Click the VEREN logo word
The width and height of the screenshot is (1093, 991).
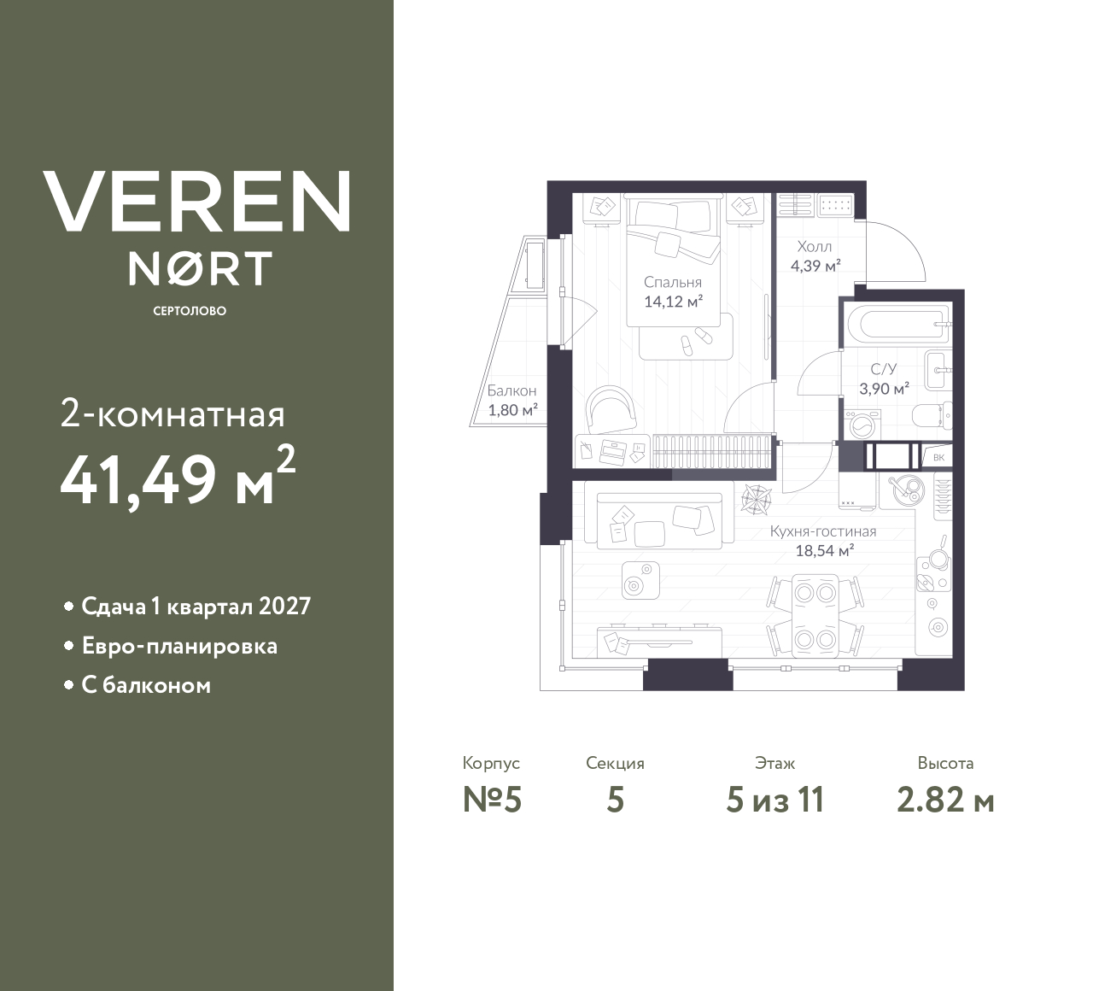[x=196, y=201]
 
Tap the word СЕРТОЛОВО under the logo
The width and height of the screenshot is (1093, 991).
[x=190, y=311]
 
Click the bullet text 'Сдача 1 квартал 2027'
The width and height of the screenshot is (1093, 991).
[x=196, y=607]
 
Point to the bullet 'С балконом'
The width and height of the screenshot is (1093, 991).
[x=146, y=685]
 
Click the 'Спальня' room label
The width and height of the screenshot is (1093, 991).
[x=673, y=282]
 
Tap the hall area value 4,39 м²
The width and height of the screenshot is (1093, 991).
[x=815, y=266]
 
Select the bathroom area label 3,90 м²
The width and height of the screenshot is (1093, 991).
[x=884, y=388]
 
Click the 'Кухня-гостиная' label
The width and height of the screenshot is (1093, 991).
[x=823, y=531]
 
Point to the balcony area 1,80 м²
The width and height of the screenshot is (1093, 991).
[x=512, y=409]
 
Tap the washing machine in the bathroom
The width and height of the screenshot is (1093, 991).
[x=858, y=423]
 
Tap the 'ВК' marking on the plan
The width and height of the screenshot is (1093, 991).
[x=938, y=458]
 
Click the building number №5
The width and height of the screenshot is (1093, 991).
[x=492, y=800]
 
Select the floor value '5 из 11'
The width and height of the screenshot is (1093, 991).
[x=774, y=800]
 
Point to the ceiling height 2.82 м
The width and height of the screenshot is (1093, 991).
[x=945, y=800]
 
